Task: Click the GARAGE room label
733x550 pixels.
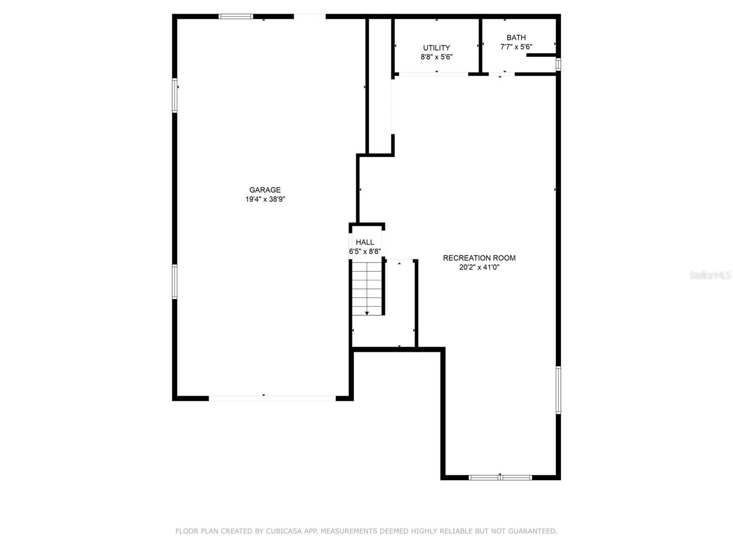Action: coord(265,190)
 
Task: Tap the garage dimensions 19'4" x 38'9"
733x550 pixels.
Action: coord(265,199)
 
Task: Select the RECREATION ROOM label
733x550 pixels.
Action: coord(479,258)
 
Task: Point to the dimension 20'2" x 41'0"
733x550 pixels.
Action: coord(479,267)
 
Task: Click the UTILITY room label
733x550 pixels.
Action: coord(436,48)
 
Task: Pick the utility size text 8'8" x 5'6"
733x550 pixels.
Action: coord(436,57)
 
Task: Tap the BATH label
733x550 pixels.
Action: coord(516,38)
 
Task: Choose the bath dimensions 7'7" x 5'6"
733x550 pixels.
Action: coord(516,47)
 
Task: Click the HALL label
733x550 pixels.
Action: coord(365,242)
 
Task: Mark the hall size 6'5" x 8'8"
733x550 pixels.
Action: coord(365,252)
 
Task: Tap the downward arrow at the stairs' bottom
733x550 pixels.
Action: coord(367,313)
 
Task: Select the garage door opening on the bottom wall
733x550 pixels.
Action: coord(272,398)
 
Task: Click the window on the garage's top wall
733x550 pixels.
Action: coord(235,16)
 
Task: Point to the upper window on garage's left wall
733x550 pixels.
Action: coord(175,95)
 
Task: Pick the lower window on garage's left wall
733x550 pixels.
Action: coord(175,281)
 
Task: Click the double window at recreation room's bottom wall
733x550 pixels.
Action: coord(500,478)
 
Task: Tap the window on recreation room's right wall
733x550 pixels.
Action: coord(558,390)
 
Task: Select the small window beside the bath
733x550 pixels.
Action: coord(558,64)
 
